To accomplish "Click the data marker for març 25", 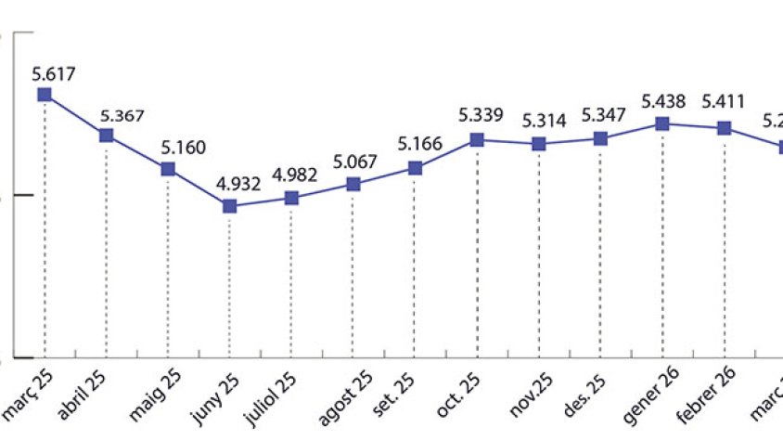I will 44,94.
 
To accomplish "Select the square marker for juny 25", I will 229,205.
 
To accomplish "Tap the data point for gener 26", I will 661,123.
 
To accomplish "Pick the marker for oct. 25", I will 477,139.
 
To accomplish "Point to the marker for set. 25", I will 416,168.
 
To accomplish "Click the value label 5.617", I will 53,73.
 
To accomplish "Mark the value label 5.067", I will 356,162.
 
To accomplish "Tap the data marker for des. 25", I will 600,138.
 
